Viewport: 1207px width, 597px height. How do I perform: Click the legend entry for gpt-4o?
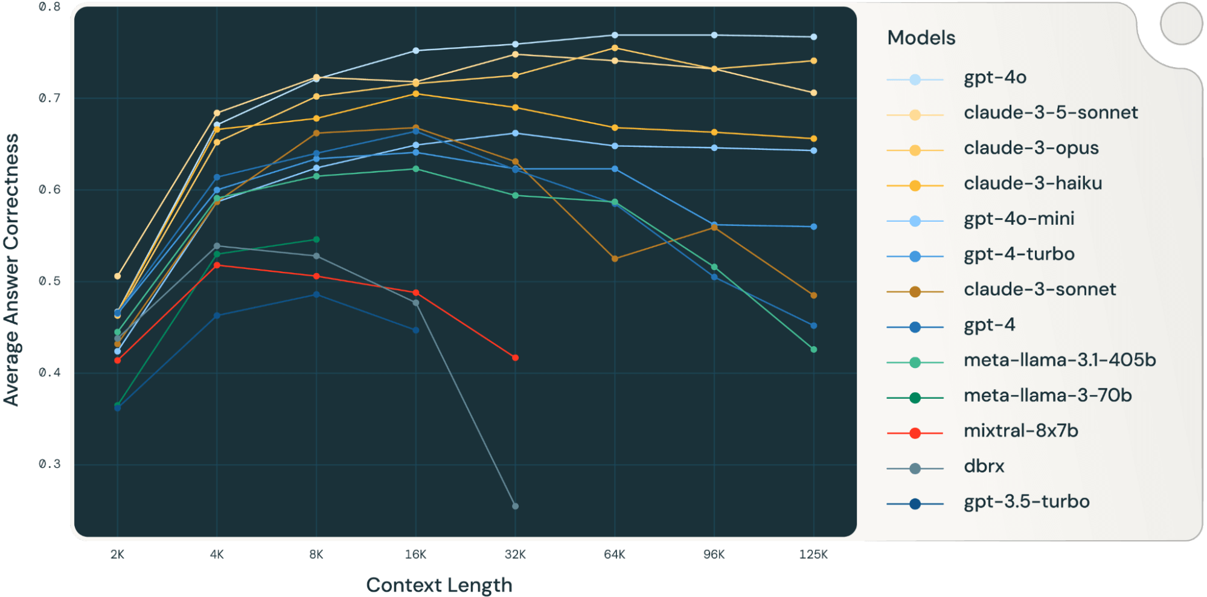(x=994, y=78)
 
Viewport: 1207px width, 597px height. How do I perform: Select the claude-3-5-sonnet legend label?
(x=1050, y=113)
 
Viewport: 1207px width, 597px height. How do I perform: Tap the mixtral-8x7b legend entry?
(x=1020, y=431)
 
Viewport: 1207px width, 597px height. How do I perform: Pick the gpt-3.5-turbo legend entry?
(x=1026, y=502)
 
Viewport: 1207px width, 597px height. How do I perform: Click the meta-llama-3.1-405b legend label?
(x=1059, y=361)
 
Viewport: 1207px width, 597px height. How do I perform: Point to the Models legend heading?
(x=921, y=38)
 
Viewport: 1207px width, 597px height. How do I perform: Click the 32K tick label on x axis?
(x=515, y=555)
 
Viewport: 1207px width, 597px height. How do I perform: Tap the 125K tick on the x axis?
(x=813, y=555)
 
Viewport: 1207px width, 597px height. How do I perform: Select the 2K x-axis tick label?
(x=117, y=555)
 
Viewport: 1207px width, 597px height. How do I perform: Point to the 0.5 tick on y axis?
(x=50, y=282)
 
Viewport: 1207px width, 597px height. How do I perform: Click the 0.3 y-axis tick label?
(x=50, y=465)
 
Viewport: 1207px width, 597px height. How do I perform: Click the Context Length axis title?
(x=439, y=585)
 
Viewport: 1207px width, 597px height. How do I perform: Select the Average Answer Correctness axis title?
(x=11, y=269)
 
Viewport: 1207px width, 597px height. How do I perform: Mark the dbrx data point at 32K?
(x=515, y=506)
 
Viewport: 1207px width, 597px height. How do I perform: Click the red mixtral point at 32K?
(x=515, y=358)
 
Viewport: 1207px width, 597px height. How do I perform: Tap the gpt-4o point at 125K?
(x=813, y=37)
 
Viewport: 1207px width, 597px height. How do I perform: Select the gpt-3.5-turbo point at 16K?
(x=415, y=330)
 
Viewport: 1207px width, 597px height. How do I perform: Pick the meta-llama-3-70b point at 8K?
(x=316, y=240)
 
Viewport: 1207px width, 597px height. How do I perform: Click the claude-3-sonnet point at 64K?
(x=615, y=259)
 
